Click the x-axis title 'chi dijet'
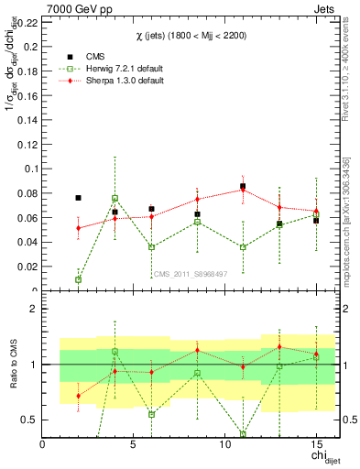click(x=318, y=457)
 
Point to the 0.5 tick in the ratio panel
click(x=29, y=420)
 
